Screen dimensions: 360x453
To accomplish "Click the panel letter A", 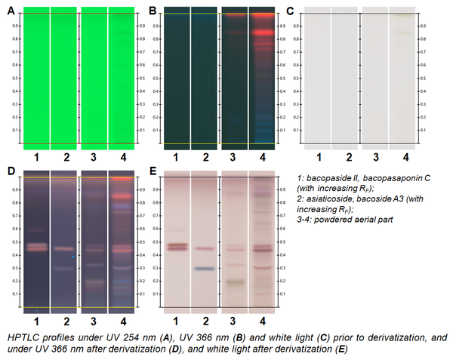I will pos(10,11).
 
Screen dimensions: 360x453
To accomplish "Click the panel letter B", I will pos(152,11).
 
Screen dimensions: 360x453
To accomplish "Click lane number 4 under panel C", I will pos(405,156).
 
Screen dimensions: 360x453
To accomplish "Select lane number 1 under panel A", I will pos(35,156).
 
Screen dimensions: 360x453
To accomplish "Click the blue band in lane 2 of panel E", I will pos(205,268).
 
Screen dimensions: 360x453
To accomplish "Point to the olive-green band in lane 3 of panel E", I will pos(235,282).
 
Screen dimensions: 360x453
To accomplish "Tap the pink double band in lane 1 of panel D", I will pos(35,246).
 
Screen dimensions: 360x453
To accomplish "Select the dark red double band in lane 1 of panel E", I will pos(177,246).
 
